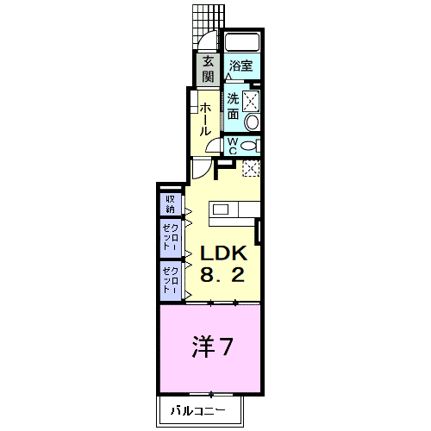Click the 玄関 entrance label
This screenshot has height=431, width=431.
click(x=208, y=69)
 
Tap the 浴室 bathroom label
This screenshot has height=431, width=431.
click(x=240, y=66)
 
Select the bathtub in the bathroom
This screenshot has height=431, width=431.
click(x=242, y=43)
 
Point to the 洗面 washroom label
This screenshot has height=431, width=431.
click(x=233, y=106)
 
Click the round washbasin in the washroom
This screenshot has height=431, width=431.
click(x=252, y=122)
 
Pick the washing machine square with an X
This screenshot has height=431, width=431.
click(x=251, y=101)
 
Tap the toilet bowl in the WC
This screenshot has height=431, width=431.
click(x=249, y=146)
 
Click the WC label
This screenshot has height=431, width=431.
click(x=233, y=146)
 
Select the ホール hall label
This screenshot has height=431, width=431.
click(x=205, y=119)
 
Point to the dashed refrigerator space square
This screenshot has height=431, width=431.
click(x=251, y=168)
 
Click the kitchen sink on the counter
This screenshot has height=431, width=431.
click(x=221, y=209)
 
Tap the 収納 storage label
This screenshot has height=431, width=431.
click(x=171, y=204)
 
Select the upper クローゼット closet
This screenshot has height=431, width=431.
click(x=171, y=238)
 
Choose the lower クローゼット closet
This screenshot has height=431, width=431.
click(x=171, y=281)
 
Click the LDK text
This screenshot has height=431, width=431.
click(x=223, y=253)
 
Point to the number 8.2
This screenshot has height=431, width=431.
click(x=222, y=274)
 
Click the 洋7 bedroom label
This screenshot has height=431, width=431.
click(x=212, y=347)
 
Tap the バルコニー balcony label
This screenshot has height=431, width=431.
click(x=198, y=411)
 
